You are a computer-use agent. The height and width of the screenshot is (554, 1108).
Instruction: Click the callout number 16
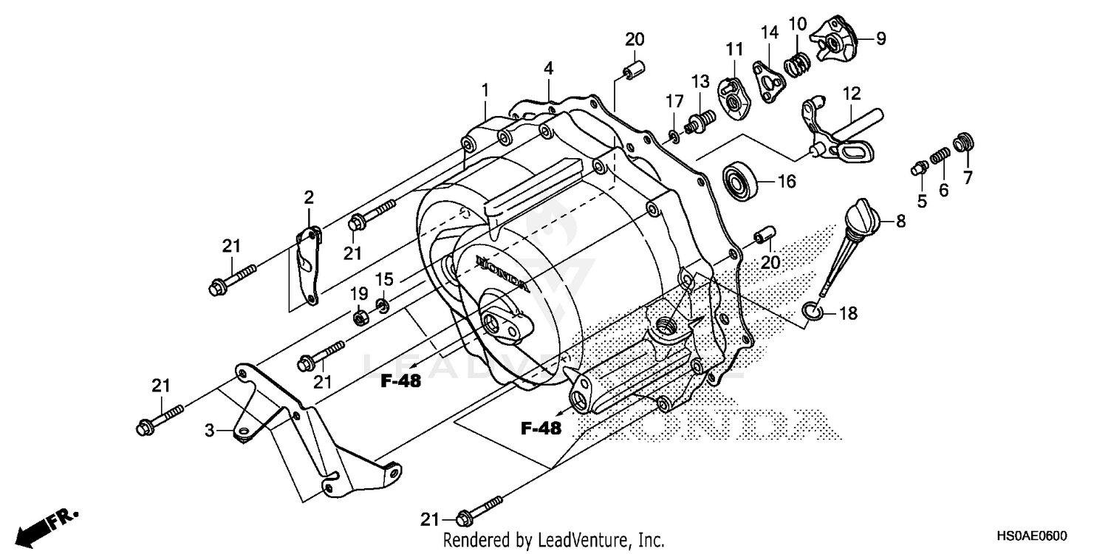pyautogui.click(x=787, y=181)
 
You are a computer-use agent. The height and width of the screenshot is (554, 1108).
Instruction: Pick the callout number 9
pyautogui.click(x=880, y=38)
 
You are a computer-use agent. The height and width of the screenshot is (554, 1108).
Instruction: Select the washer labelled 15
pyautogui.click(x=383, y=304)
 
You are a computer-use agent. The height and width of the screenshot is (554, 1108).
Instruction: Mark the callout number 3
pyautogui.click(x=210, y=429)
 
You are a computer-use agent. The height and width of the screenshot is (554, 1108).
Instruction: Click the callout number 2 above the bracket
pyautogui.click(x=309, y=197)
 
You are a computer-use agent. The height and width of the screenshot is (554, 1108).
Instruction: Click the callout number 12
pyautogui.click(x=851, y=95)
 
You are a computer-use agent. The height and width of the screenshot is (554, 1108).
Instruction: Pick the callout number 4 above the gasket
pyautogui.click(x=548, y=69)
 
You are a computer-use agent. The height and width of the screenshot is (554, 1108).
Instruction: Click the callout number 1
pyautogui.click(x=485, y=90)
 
